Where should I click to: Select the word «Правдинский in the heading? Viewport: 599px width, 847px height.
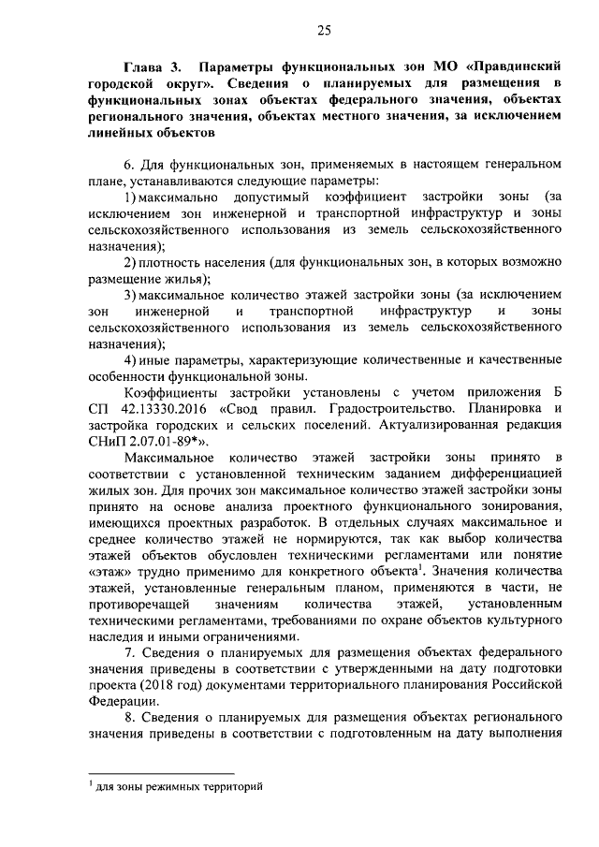pyautogui.click(x=514, y=68)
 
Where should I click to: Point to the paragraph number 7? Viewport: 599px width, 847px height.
pyautogui.click(x=128, y=649)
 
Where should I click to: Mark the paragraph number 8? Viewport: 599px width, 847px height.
pyautogui.click(x=128, y=714)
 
